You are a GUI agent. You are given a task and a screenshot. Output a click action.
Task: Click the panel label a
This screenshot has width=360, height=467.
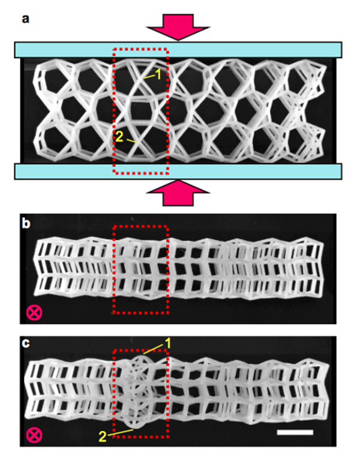[x=26, y=19]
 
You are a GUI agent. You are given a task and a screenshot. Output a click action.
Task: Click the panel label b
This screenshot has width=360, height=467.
[x=26, y=224]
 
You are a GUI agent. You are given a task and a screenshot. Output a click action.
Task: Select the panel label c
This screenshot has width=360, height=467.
[x=26, y=344]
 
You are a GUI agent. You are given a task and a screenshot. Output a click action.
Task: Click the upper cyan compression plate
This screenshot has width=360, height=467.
[x=178, y=49]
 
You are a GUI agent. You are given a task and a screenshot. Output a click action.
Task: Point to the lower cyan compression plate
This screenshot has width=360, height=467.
[x=178, y=171]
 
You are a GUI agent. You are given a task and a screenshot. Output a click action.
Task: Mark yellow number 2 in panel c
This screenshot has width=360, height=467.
[x=103, y=438]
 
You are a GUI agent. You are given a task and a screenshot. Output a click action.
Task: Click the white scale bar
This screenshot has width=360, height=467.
[x=295, y=432]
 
